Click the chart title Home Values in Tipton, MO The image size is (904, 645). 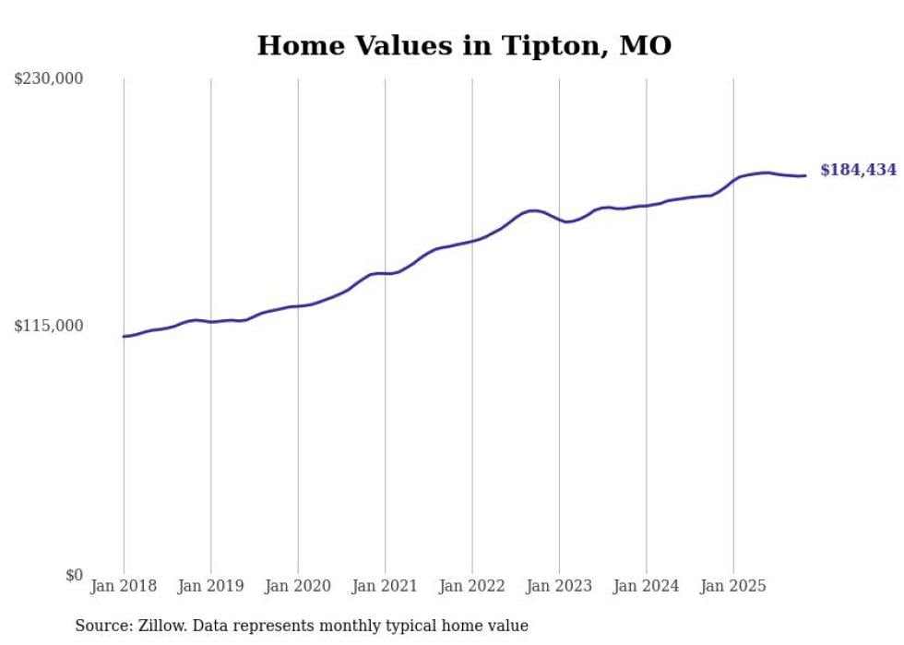[464, 45]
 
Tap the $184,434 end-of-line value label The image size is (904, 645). [858, 170]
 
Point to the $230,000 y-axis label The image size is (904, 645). [48, 79]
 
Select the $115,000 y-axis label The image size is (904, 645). [48, 326]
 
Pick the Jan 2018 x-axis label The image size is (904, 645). [124, 586]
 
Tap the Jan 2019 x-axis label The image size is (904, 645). [210, 586]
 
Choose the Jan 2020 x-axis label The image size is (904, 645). [298, 586]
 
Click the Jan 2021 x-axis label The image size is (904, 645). [385, 586]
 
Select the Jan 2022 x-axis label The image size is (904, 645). [472, 586]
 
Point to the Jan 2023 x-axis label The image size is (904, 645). [559, 586]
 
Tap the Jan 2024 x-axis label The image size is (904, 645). [647, 586]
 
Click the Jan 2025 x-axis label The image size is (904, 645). [733, 586]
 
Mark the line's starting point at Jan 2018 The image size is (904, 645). [124, 336]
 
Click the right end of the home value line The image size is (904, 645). [805, 175]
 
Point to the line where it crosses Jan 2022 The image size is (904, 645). [472, 241]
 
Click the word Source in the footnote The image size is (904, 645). [100, 626]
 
